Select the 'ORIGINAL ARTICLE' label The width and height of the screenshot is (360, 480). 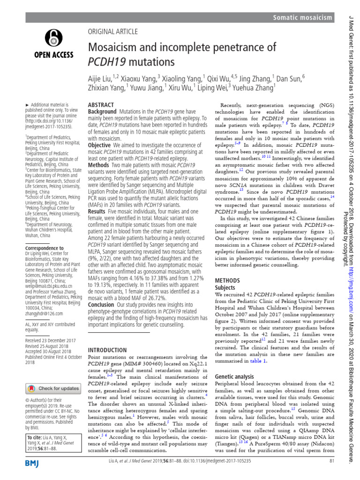pyautogui.click(x=113, y=31)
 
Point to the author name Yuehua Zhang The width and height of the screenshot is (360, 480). pyautogui.click(x=253, y=87)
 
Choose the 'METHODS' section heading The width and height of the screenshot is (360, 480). pyautogui.click(x=227, y=280)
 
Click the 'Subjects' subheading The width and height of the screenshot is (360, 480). pyautogui.click(x=225, y=287)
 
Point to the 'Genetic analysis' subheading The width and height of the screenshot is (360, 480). pyautogui.click(x=236, y=363)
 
